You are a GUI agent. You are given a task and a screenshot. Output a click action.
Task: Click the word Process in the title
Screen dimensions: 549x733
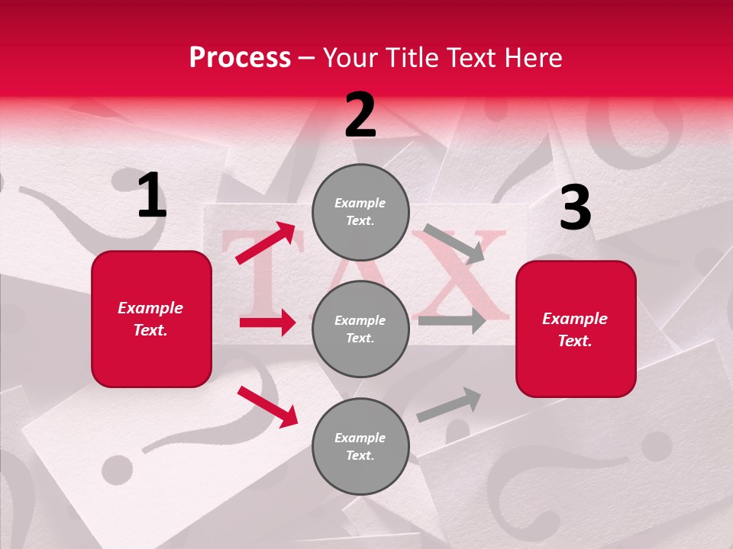(x=240, y=57)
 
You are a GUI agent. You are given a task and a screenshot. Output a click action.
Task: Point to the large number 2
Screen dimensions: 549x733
(x=360, y=115)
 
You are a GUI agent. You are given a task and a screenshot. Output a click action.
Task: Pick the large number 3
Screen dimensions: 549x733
(x=575, y=207)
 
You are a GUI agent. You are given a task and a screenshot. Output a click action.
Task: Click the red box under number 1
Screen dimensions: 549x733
(x=151, y=319)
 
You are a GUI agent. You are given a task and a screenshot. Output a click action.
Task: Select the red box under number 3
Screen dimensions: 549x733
(x=576, y=329)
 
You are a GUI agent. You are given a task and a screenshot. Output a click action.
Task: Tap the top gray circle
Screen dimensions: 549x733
(x=360, y=212)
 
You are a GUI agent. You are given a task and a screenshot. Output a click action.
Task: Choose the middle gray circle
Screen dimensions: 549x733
(x=360, y=329)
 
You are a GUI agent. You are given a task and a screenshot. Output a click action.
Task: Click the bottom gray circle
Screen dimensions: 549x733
(x=360, y=446)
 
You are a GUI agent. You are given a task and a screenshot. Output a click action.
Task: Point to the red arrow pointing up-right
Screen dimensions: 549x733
(x=266, y=243)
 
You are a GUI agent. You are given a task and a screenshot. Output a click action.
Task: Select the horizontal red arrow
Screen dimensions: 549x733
(x=267, y=323)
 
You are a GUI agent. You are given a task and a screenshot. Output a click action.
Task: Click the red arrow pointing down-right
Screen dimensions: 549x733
(x=267, y=406)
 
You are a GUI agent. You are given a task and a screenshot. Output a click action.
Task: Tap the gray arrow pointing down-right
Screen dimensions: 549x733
(x=454, y=244)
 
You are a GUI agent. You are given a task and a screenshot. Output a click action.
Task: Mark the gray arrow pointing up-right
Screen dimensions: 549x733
(x=449, y=405)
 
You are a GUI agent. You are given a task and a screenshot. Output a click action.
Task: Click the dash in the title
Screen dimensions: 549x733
(x=307, y=58)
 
